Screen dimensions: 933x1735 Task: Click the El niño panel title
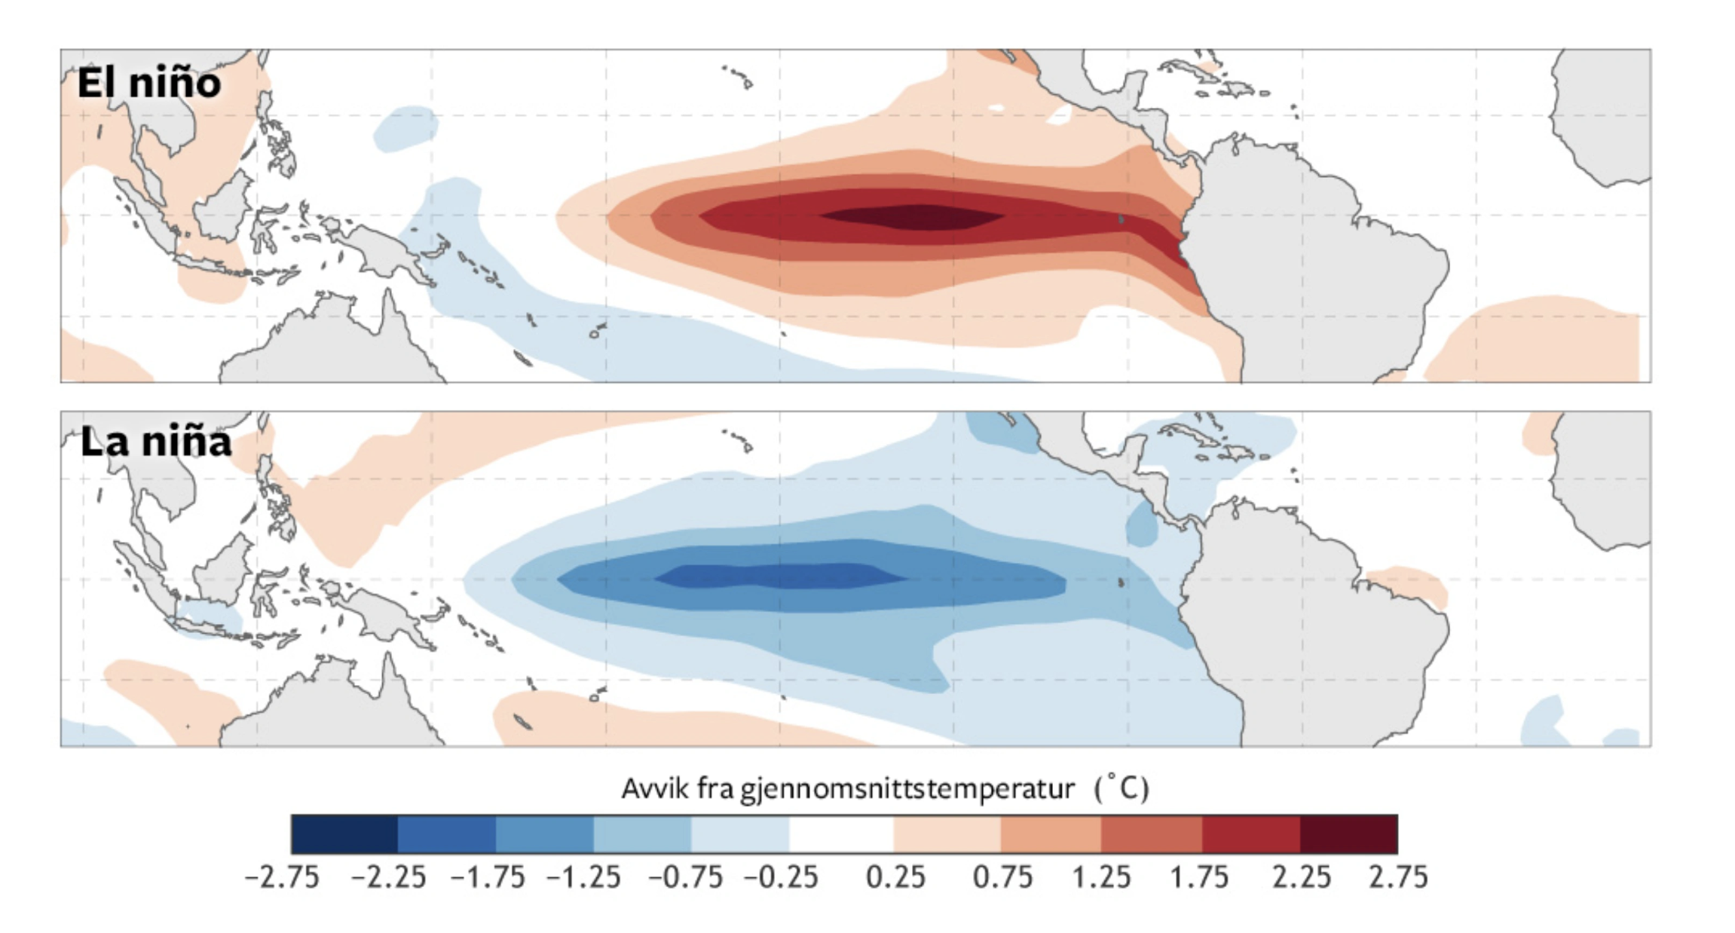click(149, 83)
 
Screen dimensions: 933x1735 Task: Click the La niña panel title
click(155, 442)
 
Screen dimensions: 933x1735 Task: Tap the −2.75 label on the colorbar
click(282, 877)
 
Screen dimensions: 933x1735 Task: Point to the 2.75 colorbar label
click(1398, 877)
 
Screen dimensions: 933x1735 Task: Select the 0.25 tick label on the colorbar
click(895, 877)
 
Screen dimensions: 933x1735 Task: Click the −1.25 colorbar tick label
click(583, 877)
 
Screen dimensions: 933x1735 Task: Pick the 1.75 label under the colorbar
click(1199, 877)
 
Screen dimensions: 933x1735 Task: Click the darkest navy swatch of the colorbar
click(344, 834)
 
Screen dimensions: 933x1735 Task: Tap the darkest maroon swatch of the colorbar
click(1348, 834)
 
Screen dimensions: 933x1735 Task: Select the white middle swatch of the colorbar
click(841, 834)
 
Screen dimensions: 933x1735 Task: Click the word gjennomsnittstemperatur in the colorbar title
click(907, 789)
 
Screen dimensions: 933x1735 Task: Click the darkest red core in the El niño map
click(912, 217)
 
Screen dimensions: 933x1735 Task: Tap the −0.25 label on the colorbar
click(781, 877)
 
